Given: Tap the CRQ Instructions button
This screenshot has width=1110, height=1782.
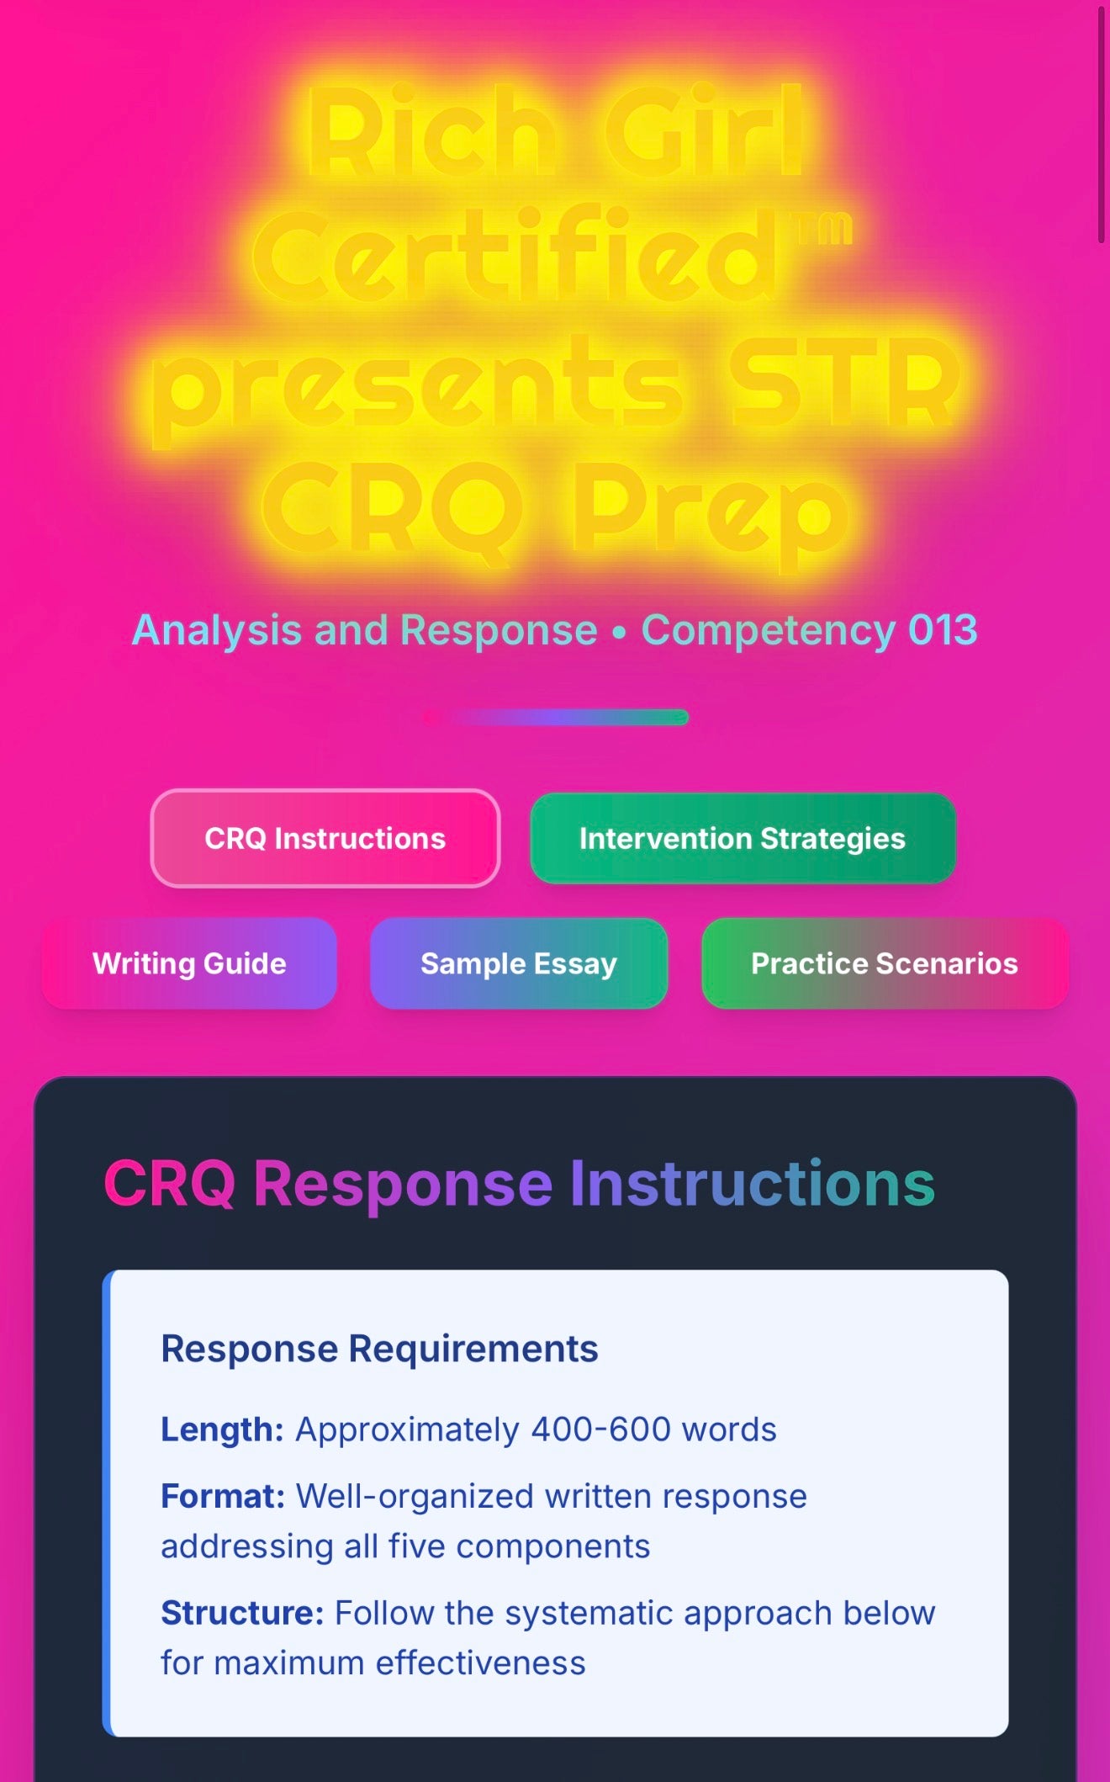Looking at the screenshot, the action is click(325, 838).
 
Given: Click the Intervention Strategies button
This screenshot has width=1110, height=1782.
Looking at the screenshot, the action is click(743, 838).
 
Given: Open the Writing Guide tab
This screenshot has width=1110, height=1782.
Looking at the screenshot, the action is click(189, 963).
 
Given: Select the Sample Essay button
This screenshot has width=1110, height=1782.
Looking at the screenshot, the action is click(519, 963).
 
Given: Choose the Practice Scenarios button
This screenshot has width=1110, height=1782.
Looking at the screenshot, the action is click(885, 963).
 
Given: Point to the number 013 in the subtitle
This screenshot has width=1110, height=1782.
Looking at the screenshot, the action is click(943, 630).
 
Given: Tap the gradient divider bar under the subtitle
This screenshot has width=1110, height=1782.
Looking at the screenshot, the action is click(555, 717).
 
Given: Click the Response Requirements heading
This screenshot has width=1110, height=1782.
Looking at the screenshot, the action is click(379, 1349).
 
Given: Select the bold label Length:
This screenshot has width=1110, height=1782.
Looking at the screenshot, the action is click(222, 1430).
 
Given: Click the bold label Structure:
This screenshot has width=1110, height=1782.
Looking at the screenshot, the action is click(242, 1614).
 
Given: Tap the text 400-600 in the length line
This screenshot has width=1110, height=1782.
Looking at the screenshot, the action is click(601, 1429).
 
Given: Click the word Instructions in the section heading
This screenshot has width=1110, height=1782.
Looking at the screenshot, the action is click(753, 1183).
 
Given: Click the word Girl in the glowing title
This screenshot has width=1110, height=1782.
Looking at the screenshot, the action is click(704, 130).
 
